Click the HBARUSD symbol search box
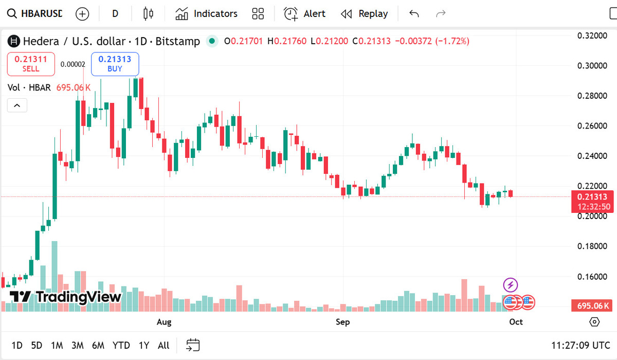pos(35,14)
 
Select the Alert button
pos(305,14)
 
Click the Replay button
pos(365,14)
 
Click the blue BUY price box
pos(115,63)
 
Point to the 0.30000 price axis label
pos(592,66)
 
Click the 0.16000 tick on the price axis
pos(592,277)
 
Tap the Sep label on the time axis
pos(342,322)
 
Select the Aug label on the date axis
pos(164,322)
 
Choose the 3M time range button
pos(78,345)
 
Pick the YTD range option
pos(121,345)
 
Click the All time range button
pos(164,345)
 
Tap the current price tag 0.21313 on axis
pos(592,197)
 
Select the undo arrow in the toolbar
pos(414,14)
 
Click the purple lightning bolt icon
pos(510,284)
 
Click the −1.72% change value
pos(452,41)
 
